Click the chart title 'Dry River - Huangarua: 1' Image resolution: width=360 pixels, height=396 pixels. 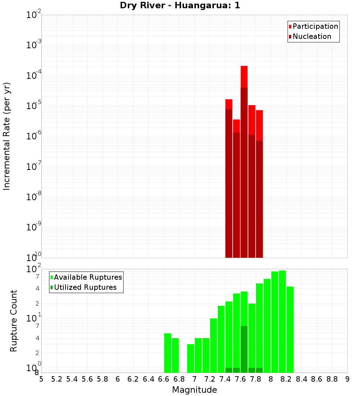180,6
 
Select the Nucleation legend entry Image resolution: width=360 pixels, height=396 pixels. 310,37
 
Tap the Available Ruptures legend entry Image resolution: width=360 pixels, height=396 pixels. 86,277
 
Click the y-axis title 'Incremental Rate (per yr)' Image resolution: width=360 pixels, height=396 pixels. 7,136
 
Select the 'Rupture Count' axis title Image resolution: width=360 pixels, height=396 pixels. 14,321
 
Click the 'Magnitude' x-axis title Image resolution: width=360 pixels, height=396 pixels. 194,390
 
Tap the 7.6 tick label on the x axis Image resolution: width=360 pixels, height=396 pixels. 240,379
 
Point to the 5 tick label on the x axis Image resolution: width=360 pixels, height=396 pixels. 41,379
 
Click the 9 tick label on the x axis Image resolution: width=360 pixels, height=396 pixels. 347,379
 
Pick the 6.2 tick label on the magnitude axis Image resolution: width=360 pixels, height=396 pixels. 133,379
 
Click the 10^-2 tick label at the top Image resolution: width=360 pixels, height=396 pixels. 34,15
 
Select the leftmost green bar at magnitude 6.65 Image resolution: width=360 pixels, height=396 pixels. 167,353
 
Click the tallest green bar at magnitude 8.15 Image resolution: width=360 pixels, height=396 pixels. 282,320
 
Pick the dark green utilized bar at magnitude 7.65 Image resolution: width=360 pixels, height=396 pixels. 244,349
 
